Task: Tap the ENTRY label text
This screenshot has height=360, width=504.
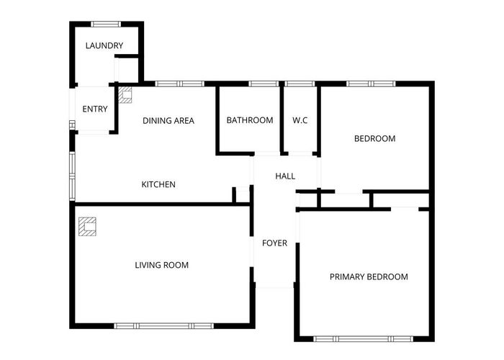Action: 95,109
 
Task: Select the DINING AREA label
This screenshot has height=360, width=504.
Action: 168,120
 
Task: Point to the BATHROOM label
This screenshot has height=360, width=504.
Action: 250,120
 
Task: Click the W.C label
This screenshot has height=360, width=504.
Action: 300,120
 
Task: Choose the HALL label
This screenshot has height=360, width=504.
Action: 285,176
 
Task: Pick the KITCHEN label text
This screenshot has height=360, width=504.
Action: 158,184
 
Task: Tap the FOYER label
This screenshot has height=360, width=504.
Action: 274,243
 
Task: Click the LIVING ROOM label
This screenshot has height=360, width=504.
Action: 162,265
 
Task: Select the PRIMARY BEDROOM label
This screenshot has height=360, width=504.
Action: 369,276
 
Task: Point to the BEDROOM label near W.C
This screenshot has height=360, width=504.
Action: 374,138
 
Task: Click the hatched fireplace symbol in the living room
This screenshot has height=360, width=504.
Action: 87,226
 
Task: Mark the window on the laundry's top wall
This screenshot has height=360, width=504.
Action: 106,24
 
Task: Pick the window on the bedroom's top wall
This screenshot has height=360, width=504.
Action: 370,84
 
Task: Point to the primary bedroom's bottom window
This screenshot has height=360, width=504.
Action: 363,338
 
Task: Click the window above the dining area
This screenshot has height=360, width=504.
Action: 179,84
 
